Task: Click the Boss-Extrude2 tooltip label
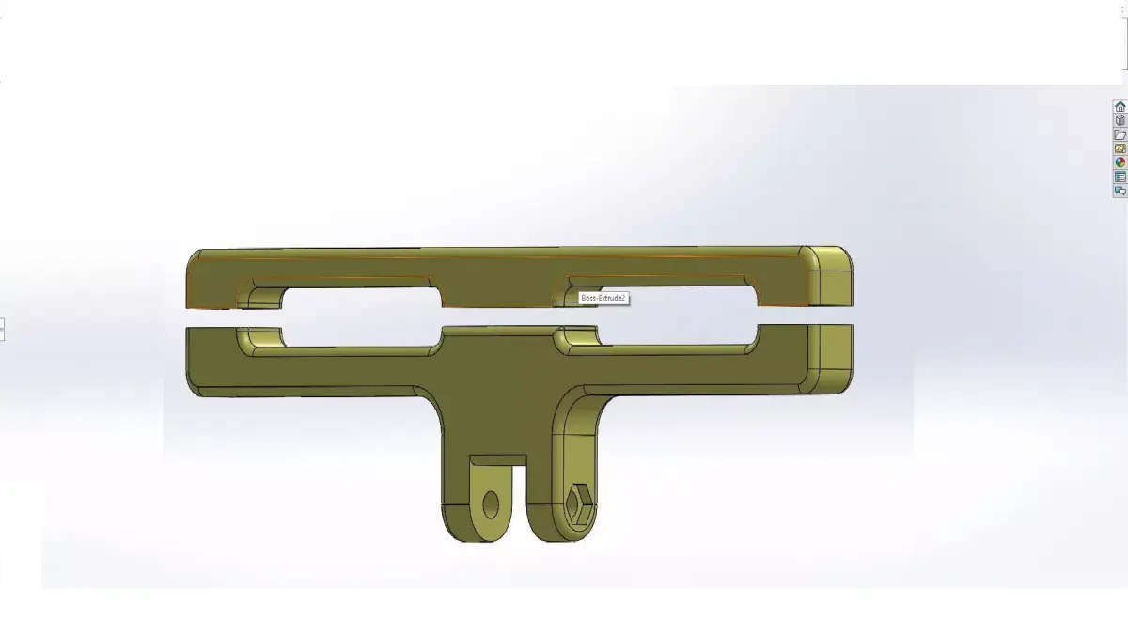(603, 298)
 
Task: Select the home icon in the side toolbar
(1120, 106)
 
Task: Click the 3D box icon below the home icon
(1120, 120)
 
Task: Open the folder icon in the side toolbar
(1120, 134)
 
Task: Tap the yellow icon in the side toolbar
(1120, 148)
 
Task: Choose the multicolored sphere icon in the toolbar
(1120, 162)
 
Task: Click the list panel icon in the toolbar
(1120, 177)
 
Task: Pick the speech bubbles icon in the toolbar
(1120, 191)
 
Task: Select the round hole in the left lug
(491, 504)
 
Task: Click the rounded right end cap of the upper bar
(831, 276)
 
